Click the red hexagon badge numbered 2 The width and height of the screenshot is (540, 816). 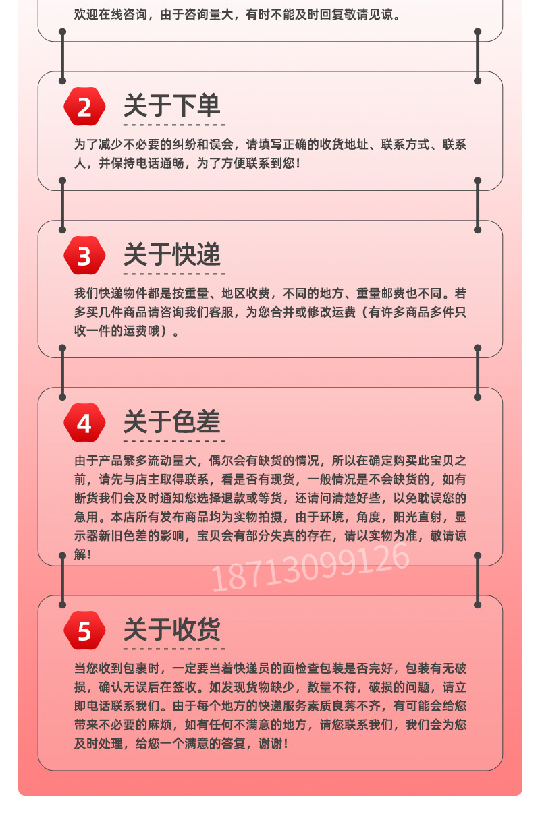[x=84, y=107]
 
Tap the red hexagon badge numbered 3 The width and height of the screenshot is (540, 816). [x=84, y=256]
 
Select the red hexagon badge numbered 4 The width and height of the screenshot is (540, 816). [x=84, y=423]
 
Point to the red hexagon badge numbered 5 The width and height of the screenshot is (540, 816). [x=84, y=631]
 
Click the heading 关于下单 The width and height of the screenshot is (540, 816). [x=172, y=106]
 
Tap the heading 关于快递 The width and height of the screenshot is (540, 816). [x=172, y=255]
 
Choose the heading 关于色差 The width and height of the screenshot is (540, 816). [x=172, y=422]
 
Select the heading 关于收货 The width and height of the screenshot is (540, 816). [x=172, y=629]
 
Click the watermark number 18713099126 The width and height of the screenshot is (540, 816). [x=310, y=567]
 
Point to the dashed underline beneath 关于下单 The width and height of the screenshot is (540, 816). [x=174, y=125]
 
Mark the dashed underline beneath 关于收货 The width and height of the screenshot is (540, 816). [x=174, y=649]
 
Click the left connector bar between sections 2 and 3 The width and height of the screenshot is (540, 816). [x=62, y=206]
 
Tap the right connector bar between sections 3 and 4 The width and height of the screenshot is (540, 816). [x=477, y=373]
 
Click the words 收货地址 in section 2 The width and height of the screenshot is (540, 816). [x=344, y=144]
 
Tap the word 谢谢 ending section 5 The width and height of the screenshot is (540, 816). [x=270, y=744]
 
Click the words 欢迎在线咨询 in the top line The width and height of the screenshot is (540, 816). [x=111, y=15]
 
